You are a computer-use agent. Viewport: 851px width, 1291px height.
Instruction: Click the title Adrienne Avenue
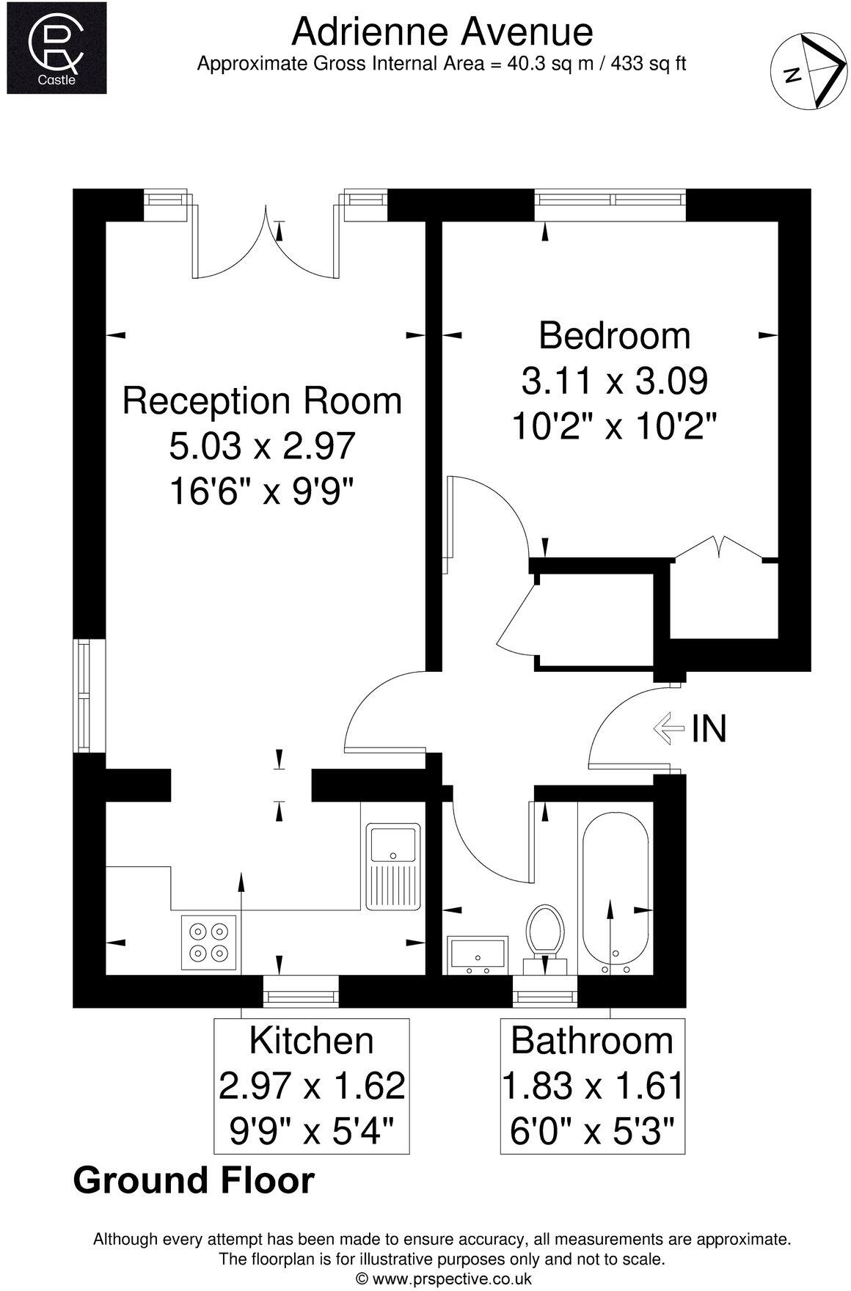tap(442, 32)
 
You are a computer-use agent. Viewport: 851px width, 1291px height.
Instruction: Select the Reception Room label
tap(262, 401)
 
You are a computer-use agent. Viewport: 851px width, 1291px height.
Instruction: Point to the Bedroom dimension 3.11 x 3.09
tap(614, 381)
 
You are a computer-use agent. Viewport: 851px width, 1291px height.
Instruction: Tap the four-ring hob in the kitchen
tap(208, 942)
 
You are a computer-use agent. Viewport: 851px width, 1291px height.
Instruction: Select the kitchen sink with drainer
tap(393, 866)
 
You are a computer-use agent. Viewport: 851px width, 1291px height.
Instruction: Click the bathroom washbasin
tap(478, 954)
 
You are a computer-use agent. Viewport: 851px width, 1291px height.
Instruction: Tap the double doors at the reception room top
tap(267, 246)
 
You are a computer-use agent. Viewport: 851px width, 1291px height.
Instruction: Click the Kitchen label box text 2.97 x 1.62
tap(312, 1086)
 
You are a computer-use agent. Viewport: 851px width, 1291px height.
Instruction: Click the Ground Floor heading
tap(194, 1180)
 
